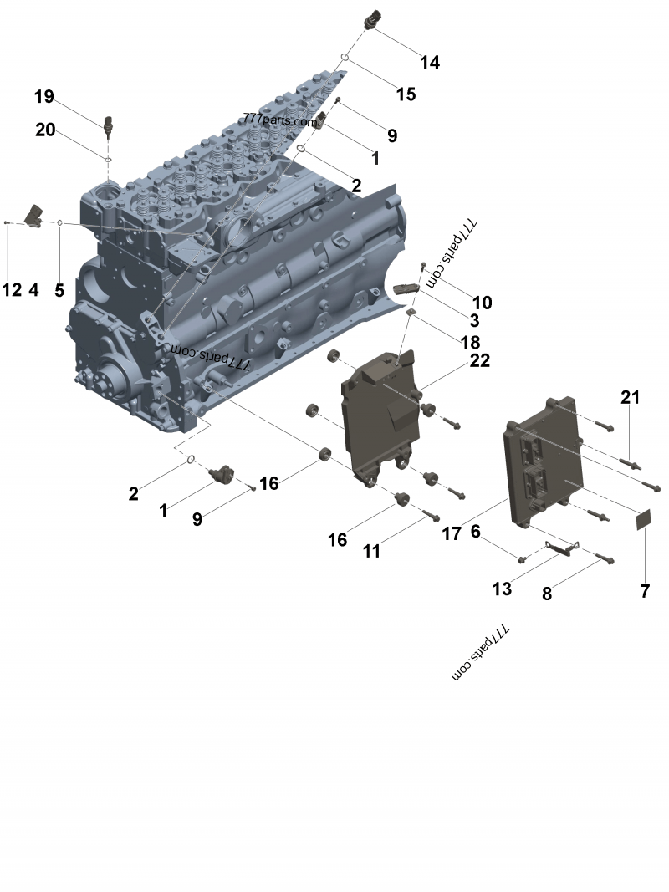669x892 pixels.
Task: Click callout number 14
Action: coord(430,62)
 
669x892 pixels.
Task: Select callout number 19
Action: coord(44,97)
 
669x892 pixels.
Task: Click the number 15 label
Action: coord(405,94)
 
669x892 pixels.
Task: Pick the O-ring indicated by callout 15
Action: coord(345,57)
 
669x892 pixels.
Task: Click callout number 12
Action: coord(12,290)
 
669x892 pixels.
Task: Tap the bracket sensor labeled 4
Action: coord(36,215)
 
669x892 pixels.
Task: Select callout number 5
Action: coord(59,290)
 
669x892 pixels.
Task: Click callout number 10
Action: coord(483,302)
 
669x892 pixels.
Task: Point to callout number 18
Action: coord(471,341)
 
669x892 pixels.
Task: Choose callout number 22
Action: coord(480,360)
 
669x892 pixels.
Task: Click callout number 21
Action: coord(630,397)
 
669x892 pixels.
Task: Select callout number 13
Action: coord(502,589)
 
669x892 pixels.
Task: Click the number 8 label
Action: coord(547,594)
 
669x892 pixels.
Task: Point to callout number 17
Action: coord(452,533)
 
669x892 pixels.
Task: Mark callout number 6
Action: coord(476,531)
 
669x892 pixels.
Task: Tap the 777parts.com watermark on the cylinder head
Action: coord(280,120)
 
